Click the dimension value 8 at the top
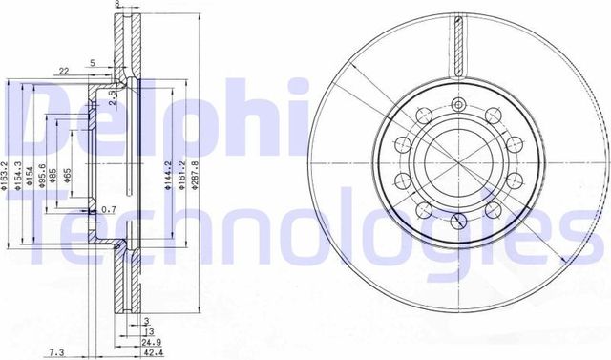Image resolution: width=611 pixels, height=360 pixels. (116, 5)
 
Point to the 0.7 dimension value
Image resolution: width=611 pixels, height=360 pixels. (109, 209)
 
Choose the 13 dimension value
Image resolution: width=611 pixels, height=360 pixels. (148, 331)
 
